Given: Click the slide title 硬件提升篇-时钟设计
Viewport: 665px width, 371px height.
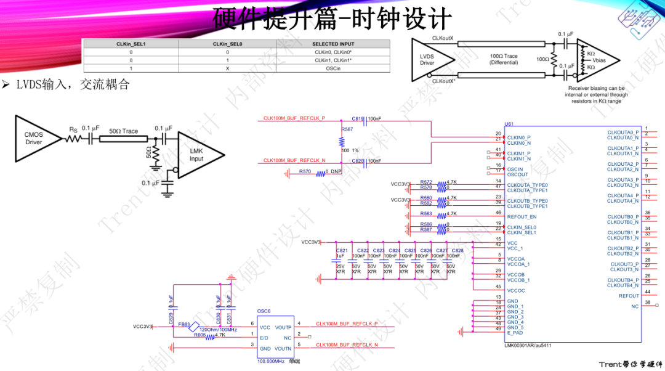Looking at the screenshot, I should click(332, 18).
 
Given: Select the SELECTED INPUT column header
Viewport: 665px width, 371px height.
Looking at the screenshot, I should click(333, 44).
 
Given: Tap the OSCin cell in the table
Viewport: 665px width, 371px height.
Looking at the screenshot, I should click(333, 68).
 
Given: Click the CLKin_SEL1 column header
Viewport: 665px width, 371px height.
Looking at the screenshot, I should click(131, 44).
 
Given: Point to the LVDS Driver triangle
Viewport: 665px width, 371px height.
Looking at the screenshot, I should click(429, 59).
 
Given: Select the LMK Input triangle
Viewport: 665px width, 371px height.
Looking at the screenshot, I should click(194, 155).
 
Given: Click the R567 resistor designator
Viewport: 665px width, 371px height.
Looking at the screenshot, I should click(347, 129).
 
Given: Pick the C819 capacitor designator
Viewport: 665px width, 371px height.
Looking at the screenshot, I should click(358, 118).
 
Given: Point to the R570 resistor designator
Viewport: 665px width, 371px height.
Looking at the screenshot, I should click(305, 171).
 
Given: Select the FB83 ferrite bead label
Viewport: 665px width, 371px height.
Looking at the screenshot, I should click(184, 324).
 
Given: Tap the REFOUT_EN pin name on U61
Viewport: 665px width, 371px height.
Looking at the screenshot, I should click(522, 217).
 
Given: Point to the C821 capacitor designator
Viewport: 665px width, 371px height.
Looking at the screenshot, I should click(342, 251).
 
